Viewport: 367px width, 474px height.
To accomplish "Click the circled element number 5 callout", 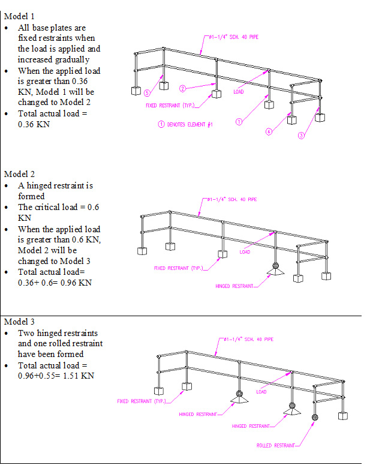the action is [147, 93].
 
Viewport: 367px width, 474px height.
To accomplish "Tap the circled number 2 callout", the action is [182, 89].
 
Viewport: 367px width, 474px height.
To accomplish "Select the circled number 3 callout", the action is [301, 136].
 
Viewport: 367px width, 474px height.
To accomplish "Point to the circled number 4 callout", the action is [269, 131].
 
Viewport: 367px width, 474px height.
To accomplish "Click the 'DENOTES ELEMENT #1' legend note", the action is [190, 124].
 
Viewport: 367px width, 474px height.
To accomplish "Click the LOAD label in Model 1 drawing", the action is [238, 92].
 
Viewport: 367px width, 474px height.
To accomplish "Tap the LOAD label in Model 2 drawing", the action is [245, 252].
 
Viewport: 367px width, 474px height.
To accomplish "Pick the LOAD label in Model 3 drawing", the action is [261, 392].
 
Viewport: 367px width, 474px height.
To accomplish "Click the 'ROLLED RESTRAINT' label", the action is [276, 445].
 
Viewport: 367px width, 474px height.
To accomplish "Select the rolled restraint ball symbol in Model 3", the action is [315, 418].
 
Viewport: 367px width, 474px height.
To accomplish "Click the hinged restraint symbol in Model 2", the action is [275, 269].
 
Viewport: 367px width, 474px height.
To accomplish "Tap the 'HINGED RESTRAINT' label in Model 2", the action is [234, 286].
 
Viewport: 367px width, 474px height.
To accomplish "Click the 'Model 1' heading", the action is [19, 16].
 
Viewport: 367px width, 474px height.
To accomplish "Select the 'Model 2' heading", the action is [19, 174].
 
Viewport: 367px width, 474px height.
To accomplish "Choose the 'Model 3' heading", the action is [19, 322].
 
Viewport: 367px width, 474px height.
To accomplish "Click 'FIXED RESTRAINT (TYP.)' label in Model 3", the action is [142, 401].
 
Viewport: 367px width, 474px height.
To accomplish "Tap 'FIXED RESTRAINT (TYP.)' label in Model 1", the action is [170, 106].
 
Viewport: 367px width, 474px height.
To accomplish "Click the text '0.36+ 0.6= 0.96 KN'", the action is [55, 283].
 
